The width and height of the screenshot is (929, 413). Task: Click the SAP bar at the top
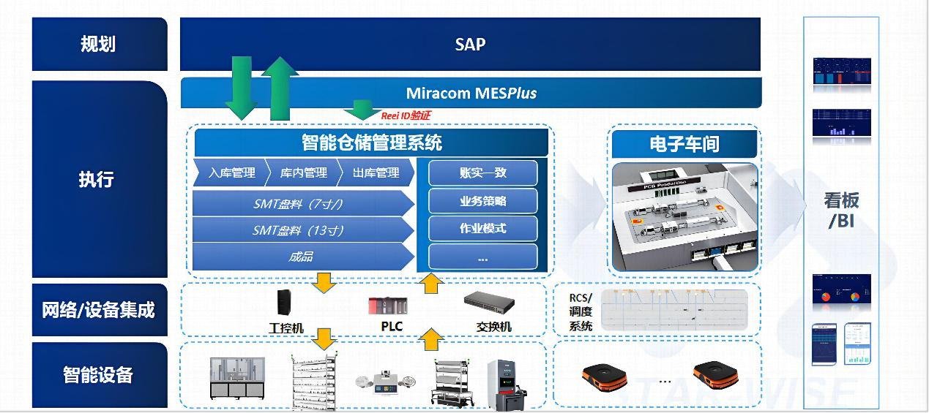click(x=470, y=44)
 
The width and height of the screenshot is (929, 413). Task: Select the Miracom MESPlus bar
click(x=471, y=94)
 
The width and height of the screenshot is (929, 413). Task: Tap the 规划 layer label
click(x=99, y=44)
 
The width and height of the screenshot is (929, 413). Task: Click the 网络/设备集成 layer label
click(x=99, y=310)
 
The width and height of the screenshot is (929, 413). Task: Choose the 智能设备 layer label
click(x=99, y=375)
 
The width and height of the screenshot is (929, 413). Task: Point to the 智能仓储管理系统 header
click(x=372, y=142)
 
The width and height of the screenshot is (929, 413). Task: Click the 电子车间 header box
click(x=684, y=143)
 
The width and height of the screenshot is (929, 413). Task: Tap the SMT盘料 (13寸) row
click(x=299, y=230)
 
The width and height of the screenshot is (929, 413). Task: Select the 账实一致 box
click(x=482, y=173)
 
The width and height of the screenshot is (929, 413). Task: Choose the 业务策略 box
click(x=482, y=201)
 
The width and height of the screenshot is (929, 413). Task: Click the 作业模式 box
click(x=482, y=229)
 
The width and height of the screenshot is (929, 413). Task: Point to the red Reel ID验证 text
click(x=406, y=115)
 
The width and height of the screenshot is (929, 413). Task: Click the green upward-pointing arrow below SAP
click(x=279, y=88)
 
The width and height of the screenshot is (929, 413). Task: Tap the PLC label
click(x=392, y=327)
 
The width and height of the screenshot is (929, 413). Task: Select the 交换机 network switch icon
click(x=489, y=300)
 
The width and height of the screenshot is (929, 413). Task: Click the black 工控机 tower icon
click(x=284, y=303)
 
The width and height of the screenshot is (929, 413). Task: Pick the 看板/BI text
click(x=841, y=211)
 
